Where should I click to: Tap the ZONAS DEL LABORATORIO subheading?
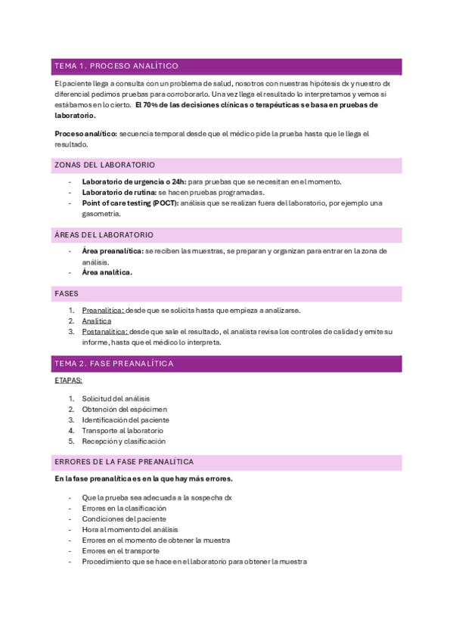(x=104, y=165)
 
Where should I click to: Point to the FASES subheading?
(x=68, y=293)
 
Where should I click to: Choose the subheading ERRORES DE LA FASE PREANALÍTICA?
(x=124, y=461)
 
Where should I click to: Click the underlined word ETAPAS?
(x=69, y=381)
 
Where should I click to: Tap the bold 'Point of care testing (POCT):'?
(x=130, y=203)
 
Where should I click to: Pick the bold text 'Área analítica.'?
(x=107, y=272)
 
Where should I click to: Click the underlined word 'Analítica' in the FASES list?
(x=96, y=320)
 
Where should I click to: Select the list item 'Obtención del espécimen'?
(x=125, y=409)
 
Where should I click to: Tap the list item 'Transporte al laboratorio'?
(x=123, y=430)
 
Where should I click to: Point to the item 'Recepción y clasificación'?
(x=123, y=441)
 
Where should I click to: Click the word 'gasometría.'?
(x=102, y=214)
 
